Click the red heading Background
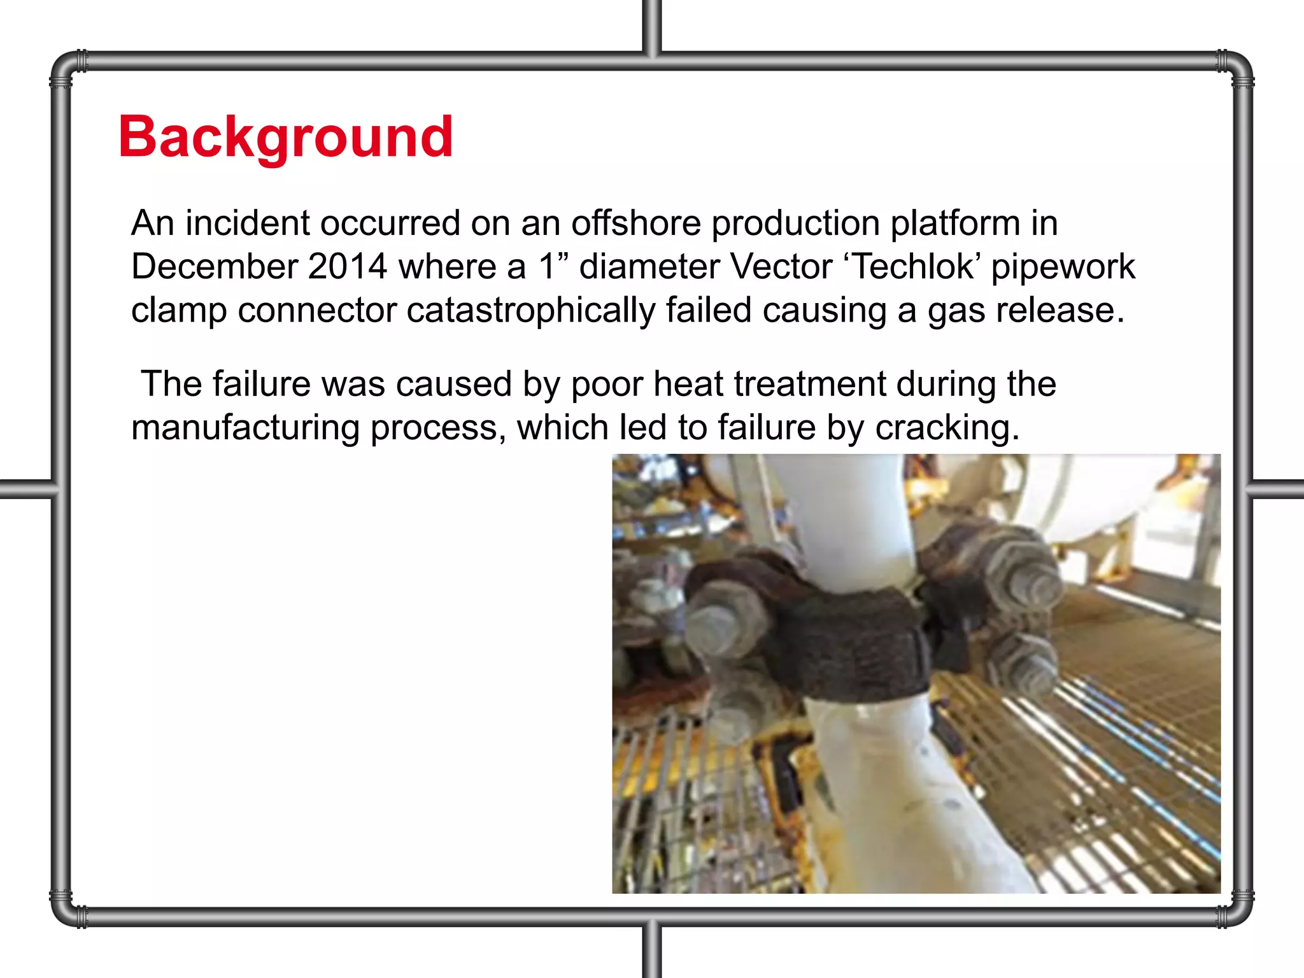point(285,137)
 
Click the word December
point(215,266)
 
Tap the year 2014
point(347,266)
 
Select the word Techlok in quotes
point(913,266)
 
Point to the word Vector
point(781,266)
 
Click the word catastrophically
point(530,310)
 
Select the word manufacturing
point(246,428)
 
